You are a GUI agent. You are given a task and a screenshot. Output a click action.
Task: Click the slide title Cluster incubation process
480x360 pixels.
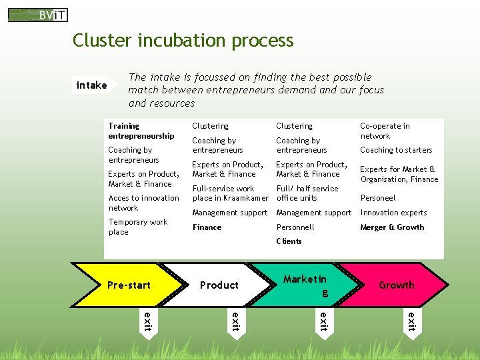pyautogui.click(x=183, y=41)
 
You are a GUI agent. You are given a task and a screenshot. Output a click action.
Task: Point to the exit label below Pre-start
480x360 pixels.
pyautogui.click(x=148, y=320)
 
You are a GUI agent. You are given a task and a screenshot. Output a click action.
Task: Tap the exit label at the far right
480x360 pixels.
pyautogui.click(x=411, y=320)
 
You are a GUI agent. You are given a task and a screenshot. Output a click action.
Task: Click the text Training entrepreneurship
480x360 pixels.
pyautogui.click(x=141, y=131)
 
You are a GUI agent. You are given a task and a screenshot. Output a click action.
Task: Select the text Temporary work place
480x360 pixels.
pyautogui.click(x=138, y=227)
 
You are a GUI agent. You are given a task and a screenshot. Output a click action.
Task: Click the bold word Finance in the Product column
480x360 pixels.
pyautogui.click(x=207, y=227)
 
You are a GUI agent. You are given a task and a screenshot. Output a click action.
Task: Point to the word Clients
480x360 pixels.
pyautogui.click(x=289, y=241)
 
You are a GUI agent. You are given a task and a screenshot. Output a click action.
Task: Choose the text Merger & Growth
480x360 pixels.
pyautogui.click(x=392, y=227)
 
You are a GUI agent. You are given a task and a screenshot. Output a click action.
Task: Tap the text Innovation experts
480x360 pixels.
pyautogui.click(x=393, y=213)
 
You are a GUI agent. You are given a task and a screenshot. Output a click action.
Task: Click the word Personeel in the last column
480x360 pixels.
pyautogui.click(x=378, y=198)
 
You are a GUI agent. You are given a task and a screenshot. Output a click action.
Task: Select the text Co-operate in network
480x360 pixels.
pyautogui.click(x=385, y=131)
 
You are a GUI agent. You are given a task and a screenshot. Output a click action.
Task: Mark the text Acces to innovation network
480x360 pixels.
pyautogui.click(x=143, y=203)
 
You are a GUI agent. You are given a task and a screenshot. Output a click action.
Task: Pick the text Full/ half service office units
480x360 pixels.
pyautogui.click(x=307, y=193)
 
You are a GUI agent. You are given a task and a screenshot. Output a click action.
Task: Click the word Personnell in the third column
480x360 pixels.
pyautogui.click(x=295, y=227)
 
